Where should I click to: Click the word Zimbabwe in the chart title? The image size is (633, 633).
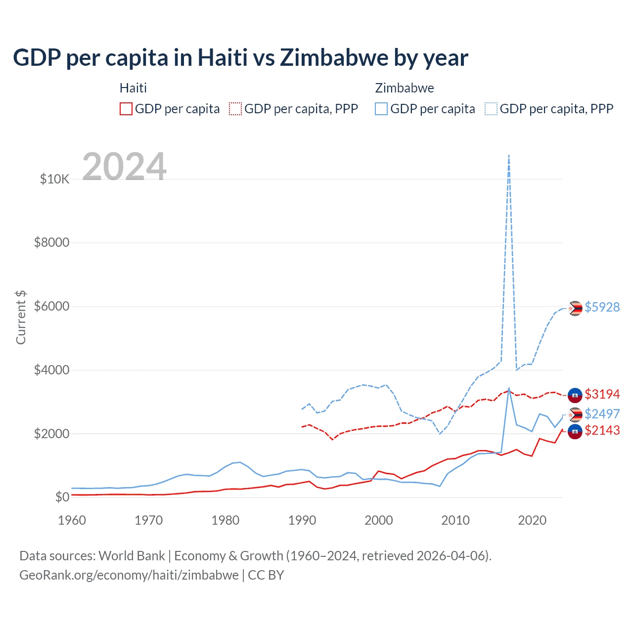(334, 58)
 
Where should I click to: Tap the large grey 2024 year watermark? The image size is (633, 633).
(124, 167)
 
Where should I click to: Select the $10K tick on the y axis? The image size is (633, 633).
(55, 179)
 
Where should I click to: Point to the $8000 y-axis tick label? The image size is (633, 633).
(51, 243)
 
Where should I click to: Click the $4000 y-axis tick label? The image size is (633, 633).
(51, 370)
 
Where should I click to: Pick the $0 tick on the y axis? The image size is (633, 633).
(62, 497)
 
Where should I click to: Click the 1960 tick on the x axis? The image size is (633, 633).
(72, 520)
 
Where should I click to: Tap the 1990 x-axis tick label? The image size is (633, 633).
(302, 520)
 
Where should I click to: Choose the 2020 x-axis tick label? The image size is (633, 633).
(532, 520)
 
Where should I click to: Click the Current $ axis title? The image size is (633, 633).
(21, 317)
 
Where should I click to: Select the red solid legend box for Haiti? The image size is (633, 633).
(126, 109)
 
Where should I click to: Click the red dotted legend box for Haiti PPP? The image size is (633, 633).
(235, 109)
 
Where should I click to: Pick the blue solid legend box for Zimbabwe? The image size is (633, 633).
(381, 109)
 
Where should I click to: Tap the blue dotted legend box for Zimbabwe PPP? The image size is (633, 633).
(491, 109)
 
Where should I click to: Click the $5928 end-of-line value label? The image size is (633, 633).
(602, 307)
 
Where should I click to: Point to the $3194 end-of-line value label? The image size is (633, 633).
(602, 394)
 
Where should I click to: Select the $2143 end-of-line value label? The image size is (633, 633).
(602, 430)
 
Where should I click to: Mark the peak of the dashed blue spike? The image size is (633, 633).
(509, 155)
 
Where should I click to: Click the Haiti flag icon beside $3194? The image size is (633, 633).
(575, 395)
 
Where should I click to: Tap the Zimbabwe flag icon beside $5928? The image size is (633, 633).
(575, 308)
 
